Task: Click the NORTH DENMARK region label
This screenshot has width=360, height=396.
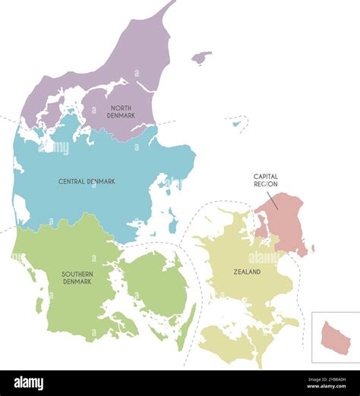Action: coord(122,111)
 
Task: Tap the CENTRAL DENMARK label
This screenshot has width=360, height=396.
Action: coord(87,182)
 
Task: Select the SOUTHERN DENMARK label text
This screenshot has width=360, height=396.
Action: coord(77,277)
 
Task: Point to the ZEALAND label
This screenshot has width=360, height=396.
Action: coord(247,272)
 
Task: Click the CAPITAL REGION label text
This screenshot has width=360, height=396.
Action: coord(265,180)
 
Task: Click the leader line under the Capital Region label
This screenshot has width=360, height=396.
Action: coord(273,199)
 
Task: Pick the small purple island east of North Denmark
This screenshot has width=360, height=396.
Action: coord(201,58)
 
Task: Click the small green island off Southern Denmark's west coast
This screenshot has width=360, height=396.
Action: coord(39,305)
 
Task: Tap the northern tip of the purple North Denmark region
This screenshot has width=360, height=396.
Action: coord(172,5)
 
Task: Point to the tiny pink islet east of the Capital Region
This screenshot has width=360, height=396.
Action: coord(313,248)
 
